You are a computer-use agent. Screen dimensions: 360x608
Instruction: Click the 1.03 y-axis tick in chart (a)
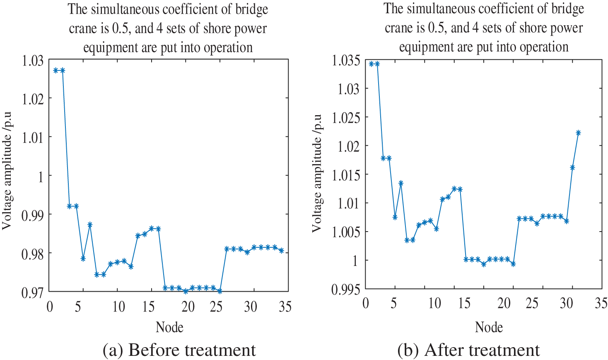click(x=32, y=60)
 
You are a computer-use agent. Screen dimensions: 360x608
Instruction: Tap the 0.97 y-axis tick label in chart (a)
click(x=32, y=292)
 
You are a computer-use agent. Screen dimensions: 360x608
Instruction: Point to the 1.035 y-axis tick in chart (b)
click(x=346, y=60)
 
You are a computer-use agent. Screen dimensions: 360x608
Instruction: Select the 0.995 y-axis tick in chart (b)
click(x=346, y=289)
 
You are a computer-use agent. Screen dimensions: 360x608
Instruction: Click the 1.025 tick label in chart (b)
click(x=346, y=118)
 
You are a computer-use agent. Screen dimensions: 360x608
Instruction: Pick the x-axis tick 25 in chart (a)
click(x=216, y=307)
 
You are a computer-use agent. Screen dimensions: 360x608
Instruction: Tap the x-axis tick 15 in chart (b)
click(x=464, y=304)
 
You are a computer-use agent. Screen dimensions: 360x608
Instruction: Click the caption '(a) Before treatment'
click(x=179, y=350)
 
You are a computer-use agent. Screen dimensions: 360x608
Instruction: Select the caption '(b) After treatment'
click(x=468, y=350)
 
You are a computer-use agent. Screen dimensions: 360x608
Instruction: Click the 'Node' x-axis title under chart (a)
click(x=169, y=327)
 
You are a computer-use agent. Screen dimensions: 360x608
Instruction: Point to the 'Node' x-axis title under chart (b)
click(x=489, y=327)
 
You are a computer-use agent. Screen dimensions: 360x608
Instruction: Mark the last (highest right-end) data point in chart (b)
click(x=579, y=133)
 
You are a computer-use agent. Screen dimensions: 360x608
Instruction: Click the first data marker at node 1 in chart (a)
click(x=56, y=70)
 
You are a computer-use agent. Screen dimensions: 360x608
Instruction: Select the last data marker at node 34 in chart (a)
click(x=282, y=251)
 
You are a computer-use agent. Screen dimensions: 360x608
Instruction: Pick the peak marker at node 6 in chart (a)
click(x=90, y=225)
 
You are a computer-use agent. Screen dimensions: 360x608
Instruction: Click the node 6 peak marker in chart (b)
click(x=401, y=183)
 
